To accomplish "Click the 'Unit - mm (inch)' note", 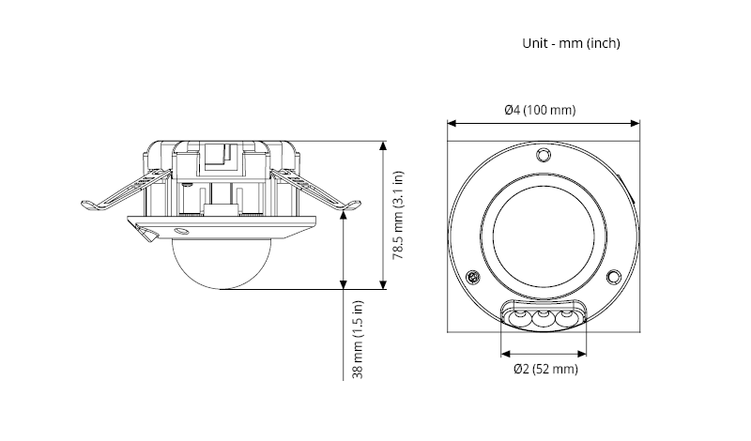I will (x=571, y=43).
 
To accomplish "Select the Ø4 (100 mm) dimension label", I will (x=540, y=110).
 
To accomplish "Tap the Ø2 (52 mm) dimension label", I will (x=545, y=370).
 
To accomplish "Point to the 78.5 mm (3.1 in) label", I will (x=398, y=217).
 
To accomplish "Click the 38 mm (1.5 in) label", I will (x=358, y=339).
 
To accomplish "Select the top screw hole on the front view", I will (x=544, y=155).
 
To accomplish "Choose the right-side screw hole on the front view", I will (x=612, y=277).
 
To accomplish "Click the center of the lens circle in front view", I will (x=544, y=236).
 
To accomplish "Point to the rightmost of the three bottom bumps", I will (x=567, y=319).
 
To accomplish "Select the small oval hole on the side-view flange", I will (x=180, y=229).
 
